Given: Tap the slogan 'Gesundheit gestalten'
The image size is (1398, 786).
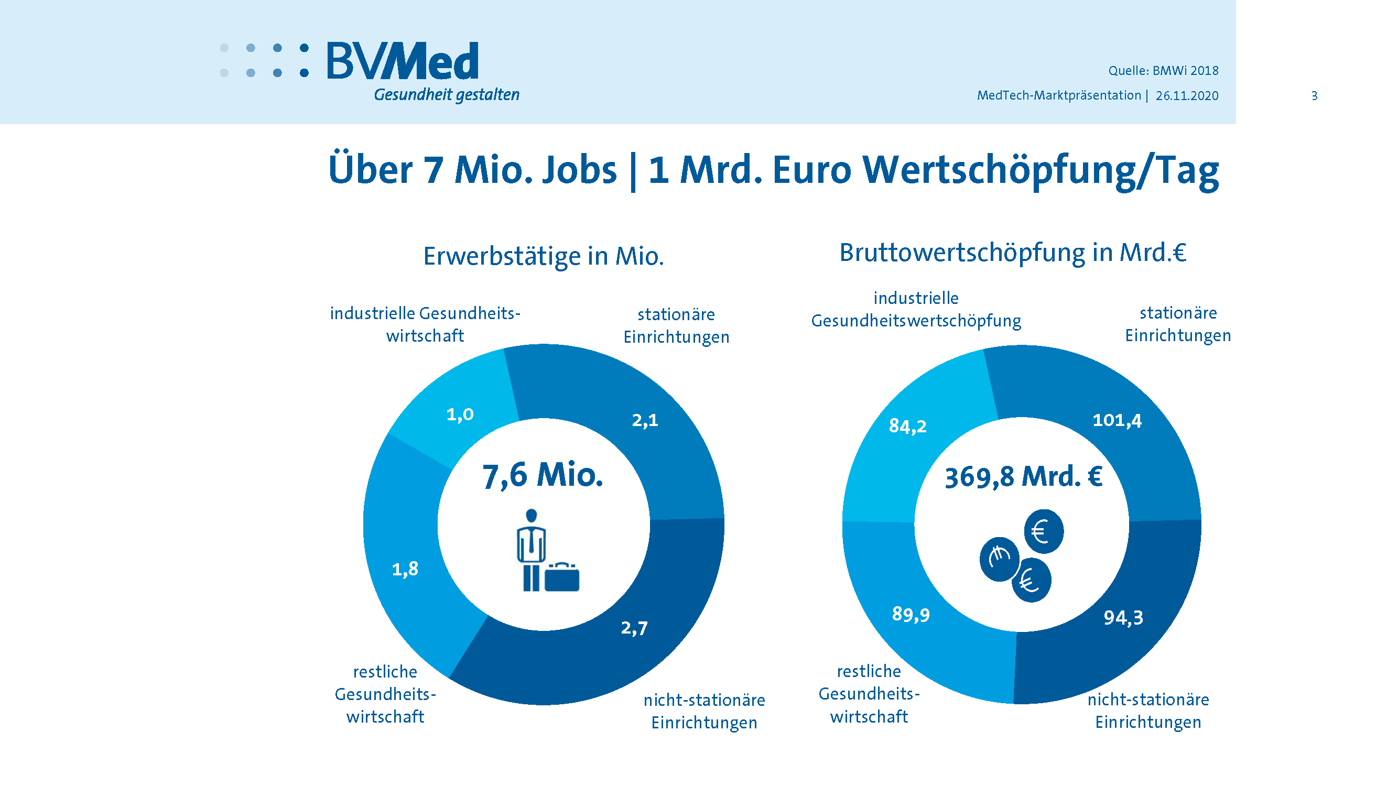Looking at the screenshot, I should pos(446,95).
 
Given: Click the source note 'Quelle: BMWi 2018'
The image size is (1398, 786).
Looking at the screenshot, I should pos(1163,71).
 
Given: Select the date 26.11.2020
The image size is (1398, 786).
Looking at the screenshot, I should pos(1186,96).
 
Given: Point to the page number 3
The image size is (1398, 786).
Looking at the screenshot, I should pos(1314,96).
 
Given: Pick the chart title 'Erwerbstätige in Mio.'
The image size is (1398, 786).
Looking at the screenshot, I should pos(543,256).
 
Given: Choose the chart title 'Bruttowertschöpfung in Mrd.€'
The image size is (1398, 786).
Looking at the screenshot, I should pos(1012,252).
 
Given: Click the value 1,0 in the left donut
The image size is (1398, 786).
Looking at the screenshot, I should pos(460,415).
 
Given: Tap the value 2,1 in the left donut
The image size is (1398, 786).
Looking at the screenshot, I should pos(645,420).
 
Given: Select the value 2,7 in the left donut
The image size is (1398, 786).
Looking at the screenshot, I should pos(634,628).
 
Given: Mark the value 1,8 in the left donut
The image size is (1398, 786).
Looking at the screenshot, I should pos(405,569).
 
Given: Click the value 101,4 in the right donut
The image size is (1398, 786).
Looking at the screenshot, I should pos(1117,420).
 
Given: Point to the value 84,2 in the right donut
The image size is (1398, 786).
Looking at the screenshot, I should pos(907,427).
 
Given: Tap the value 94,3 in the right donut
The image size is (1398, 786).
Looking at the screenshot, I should pos(1123,618).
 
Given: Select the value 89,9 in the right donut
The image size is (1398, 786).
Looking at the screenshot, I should pos(911,615).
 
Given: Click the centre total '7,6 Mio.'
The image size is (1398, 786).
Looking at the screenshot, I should pos(542,476).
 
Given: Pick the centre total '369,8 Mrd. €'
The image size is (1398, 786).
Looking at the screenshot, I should pos(1023,477).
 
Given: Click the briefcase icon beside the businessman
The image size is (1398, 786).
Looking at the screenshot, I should pos(562,577).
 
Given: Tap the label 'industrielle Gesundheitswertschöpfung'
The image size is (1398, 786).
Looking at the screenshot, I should pos(916,310).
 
